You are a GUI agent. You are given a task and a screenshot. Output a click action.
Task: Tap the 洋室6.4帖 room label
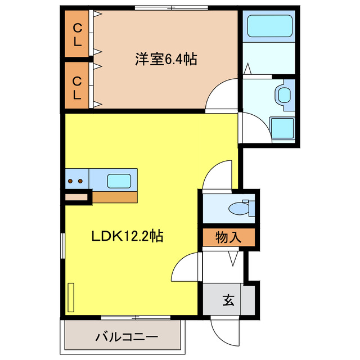click(x=165, y=58)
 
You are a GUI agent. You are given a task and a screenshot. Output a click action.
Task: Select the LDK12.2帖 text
click(x=128, y=236)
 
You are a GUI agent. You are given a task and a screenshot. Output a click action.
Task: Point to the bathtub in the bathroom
click(x=268, y=26)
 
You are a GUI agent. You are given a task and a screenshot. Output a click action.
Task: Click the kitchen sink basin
click(x=119, y=181)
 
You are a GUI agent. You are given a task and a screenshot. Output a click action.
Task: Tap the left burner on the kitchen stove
click(x=71, y=181)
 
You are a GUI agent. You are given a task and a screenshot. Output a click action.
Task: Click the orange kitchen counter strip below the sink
click(x=115, y=197)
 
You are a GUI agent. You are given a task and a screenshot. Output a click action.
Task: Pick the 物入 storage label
click(x=229, y=237)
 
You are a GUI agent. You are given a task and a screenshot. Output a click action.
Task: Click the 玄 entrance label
click(x=228, y=300)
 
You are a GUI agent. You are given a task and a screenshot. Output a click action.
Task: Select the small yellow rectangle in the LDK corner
click(x=71, y=298)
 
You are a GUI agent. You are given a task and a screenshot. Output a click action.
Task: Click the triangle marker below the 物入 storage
click(x=232, y=259)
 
